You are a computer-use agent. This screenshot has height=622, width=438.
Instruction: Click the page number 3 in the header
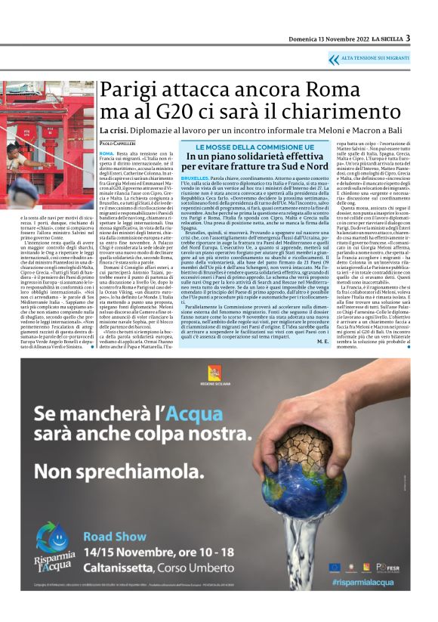pos(408,38)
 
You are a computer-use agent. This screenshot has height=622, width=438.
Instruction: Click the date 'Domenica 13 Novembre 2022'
pos(328,39)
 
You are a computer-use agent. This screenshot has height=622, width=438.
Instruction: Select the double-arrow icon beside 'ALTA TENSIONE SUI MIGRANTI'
pos(334,58)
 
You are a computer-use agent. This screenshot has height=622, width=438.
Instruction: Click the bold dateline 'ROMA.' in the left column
pos(106,153)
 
